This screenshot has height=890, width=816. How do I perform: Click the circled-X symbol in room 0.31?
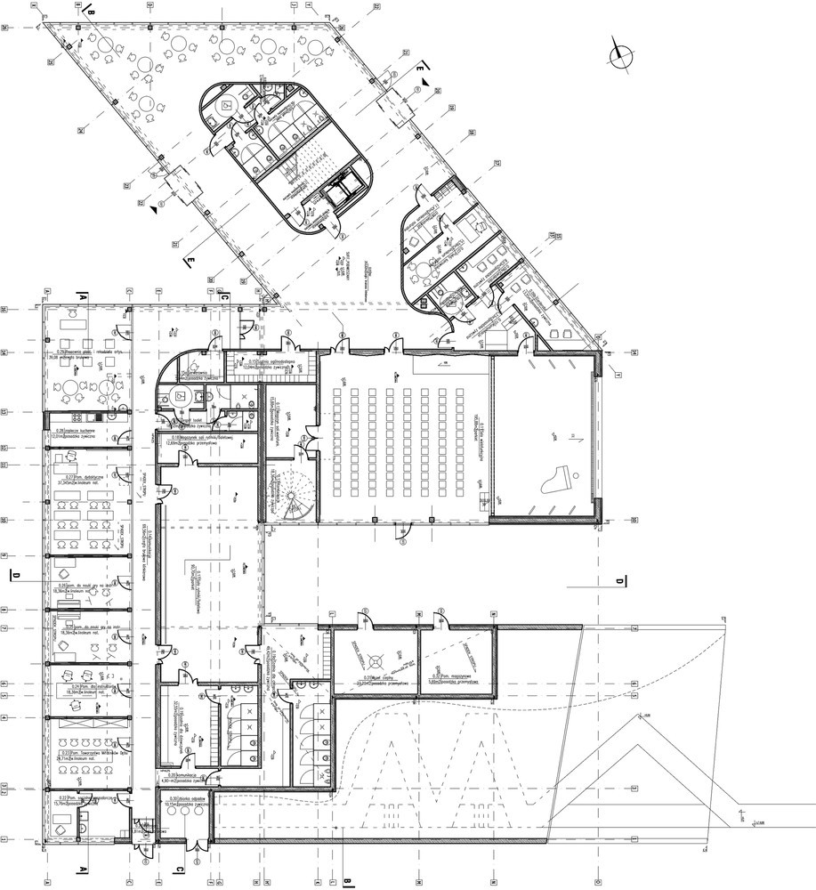point(377,660)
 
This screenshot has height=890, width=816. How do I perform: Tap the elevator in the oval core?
point(341,188)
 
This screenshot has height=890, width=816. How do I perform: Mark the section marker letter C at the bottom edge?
point(179,870)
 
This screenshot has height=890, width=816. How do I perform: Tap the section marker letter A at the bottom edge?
point(83,870)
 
